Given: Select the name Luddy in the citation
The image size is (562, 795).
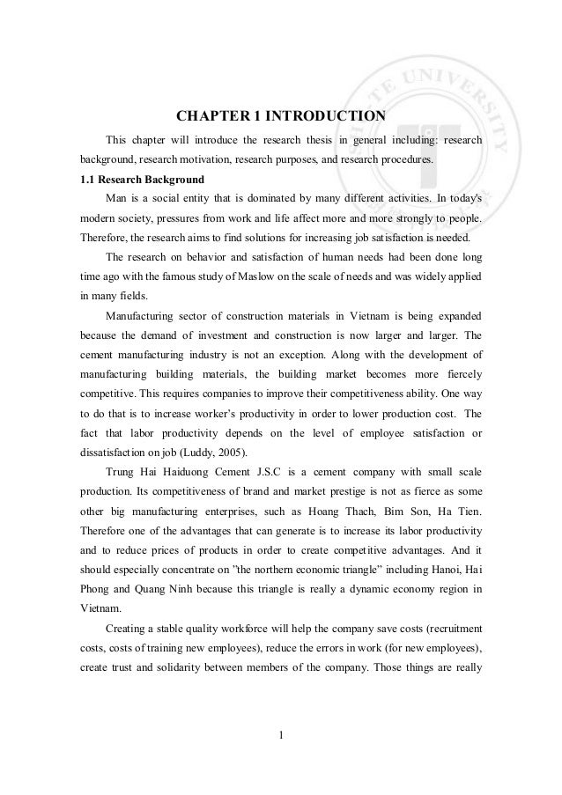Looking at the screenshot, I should click(194, 453).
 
